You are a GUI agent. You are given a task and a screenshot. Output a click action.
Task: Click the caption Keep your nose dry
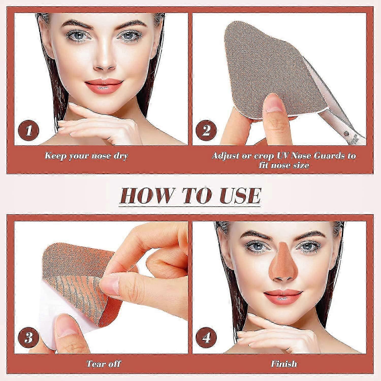tap(86, 156)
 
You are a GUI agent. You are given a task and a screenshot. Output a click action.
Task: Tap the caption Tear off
tap(103, 363)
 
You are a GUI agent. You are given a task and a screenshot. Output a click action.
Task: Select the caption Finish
tap(284, 363)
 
